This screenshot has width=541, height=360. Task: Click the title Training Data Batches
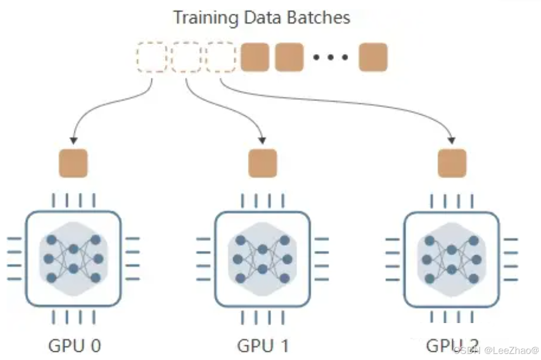[262, 17]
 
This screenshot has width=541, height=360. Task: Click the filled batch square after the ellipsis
[373, 57]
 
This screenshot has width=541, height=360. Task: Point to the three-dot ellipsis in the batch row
[331, 57]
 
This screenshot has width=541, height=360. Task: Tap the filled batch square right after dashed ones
[255, 57]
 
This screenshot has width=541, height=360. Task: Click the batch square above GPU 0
[73, 163]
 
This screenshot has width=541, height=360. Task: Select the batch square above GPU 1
[262, 163]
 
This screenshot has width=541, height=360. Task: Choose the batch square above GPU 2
[452, 163]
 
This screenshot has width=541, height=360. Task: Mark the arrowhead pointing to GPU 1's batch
[263, 139]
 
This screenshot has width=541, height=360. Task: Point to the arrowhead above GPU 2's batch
[452, 139]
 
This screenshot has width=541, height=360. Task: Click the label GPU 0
[75, 346]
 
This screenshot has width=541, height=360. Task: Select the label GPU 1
[263, 346]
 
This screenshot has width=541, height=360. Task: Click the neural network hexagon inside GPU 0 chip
[73, 258]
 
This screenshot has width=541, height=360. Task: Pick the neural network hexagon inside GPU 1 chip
[262, 258]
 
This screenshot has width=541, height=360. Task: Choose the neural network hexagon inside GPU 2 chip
[452, 258]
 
